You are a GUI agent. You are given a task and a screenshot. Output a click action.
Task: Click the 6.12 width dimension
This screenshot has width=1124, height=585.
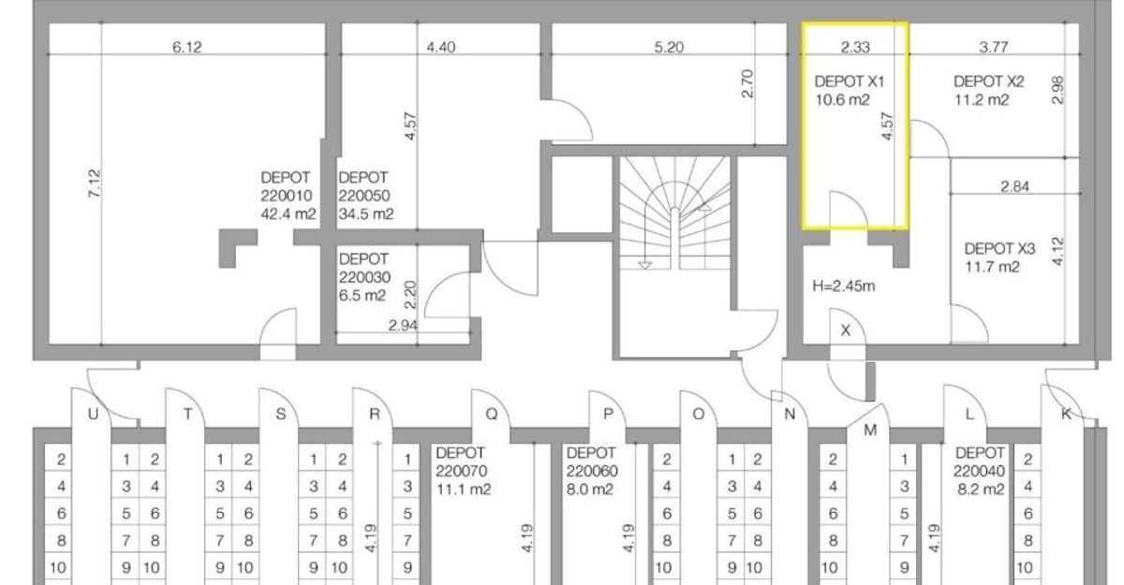pos(187,47)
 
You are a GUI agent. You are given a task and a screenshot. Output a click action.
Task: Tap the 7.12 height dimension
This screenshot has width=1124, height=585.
pos(95,183)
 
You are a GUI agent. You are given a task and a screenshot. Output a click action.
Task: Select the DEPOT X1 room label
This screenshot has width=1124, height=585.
pos(849,81)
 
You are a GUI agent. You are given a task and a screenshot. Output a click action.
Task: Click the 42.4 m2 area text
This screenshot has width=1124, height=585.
pos(288,214)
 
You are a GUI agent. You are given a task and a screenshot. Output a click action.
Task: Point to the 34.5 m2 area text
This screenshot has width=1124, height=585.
pos(366,214)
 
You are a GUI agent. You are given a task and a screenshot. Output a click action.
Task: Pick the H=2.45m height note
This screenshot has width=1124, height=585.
pos(844,285)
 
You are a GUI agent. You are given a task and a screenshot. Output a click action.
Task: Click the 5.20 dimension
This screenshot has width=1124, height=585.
pos(669,47)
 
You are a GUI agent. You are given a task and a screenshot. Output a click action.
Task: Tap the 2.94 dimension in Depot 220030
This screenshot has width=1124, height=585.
pos(403,326)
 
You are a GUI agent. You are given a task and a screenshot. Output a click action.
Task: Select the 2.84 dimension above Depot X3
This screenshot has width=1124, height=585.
pos(1014,186)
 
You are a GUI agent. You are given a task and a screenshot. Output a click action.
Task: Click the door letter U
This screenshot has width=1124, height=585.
pos(93,414)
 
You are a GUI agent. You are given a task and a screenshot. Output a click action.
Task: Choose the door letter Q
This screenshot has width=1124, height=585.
pos(491,414)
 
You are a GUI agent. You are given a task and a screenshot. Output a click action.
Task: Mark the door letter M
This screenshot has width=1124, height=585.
pos(870,431)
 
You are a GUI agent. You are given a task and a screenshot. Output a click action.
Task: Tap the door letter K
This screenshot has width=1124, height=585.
pos(1066,414)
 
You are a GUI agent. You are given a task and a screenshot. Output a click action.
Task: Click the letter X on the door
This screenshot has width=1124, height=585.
pos(846,330)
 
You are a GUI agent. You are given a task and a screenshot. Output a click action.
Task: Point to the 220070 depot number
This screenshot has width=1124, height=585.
pos(461,471)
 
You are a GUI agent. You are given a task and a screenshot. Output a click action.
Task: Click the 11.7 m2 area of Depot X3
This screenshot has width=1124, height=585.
pos(992,267)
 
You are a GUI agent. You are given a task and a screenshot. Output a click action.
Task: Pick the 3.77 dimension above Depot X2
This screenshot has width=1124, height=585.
pos(994,47)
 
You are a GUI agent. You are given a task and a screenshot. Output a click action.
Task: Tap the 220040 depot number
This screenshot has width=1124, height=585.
pos(979,471)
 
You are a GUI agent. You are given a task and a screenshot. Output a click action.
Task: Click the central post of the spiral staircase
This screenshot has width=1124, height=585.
pos(675,236)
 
